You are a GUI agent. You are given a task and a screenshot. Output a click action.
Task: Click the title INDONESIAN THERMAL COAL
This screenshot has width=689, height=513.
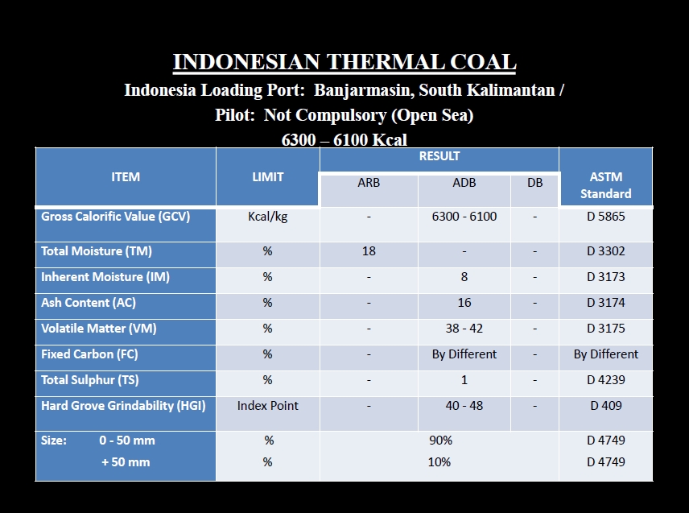pyautogui.click(x=344, y=62)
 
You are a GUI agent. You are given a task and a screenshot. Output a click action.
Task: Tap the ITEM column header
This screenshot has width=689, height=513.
pyautogui.click(x=126, y=176)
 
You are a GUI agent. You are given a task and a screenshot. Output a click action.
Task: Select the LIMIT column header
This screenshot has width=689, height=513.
pyautogui.click(x=267, y=176)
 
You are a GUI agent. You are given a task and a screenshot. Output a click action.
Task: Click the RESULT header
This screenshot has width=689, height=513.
pyautogui.click(x=439, y=156)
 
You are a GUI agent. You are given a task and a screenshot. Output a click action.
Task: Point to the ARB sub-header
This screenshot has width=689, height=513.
pyautogui.click(x=369, y=183)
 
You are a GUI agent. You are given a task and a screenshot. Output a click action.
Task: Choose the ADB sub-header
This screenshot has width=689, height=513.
pyautogui.click(x=464, y=183)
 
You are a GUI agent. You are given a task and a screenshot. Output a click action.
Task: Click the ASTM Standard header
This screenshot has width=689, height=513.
pyautogui.click(x=606, y=185)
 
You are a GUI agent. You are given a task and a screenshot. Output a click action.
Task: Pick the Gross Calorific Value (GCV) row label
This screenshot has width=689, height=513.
pyautogui.click(x=116, y=217)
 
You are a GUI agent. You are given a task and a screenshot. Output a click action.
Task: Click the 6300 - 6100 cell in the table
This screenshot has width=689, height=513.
pyautogui.click(x=464, y=217)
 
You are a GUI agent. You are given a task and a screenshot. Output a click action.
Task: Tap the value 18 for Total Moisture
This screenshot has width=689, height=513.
pyautogui.click(x=369, y=251)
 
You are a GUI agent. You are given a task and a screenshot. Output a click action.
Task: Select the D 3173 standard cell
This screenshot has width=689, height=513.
pyautogui.click(x=606, y=277)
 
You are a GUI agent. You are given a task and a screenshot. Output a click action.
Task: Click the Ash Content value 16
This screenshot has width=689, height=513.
pyautogui.click(x=464, y=303)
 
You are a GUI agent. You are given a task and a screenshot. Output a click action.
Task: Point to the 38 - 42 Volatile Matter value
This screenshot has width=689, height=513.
pyautogui.click(x=464, y=329)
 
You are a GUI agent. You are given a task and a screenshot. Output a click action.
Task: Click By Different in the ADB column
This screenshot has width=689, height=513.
pyautogui.click(x=464, y=354)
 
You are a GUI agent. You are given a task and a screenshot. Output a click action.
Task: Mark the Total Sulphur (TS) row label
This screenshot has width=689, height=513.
pyautogui.click(x=90, y=380)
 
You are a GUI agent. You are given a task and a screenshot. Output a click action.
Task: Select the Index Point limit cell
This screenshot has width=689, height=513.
pyautogui.click(x=267, y=406)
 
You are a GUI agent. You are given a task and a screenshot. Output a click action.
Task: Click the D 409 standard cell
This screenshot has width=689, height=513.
pyautogui.click(x=606, y=406)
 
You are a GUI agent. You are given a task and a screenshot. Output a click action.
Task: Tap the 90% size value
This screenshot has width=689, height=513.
pyautogui.click(x=441, y=441)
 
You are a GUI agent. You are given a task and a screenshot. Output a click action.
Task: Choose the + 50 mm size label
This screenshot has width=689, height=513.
pyautogui.click(x=126, y=462)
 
